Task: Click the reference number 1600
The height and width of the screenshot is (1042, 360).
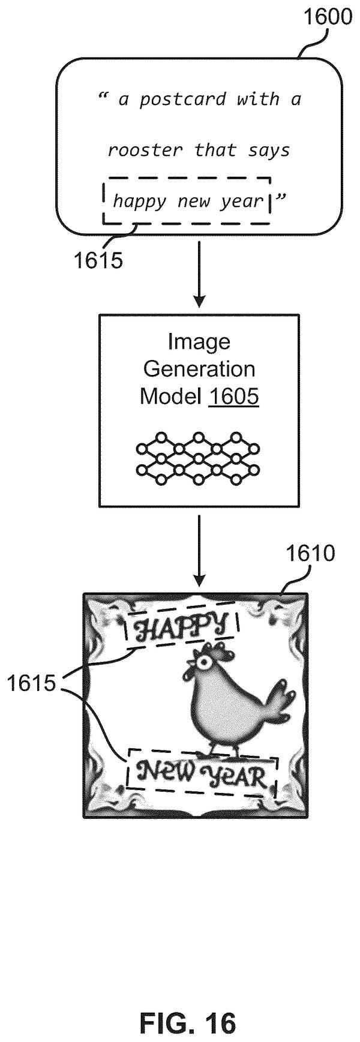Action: [328, 16]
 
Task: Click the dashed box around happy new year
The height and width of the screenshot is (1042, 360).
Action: [187, 177]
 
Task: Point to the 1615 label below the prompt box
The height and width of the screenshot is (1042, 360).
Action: [98, 260]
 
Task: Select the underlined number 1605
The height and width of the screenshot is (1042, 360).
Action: [233, 397]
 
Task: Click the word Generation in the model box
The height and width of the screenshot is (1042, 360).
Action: [199, 368]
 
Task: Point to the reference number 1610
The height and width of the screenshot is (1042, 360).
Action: [310, 553]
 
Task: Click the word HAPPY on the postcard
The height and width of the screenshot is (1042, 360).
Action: [181, 629]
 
